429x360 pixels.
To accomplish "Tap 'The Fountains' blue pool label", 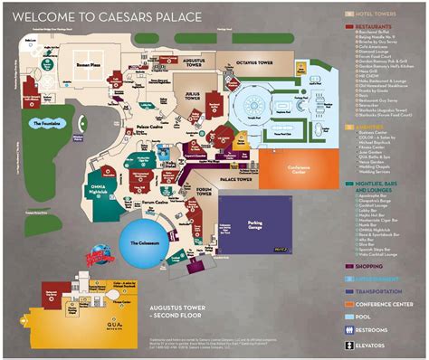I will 44,122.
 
